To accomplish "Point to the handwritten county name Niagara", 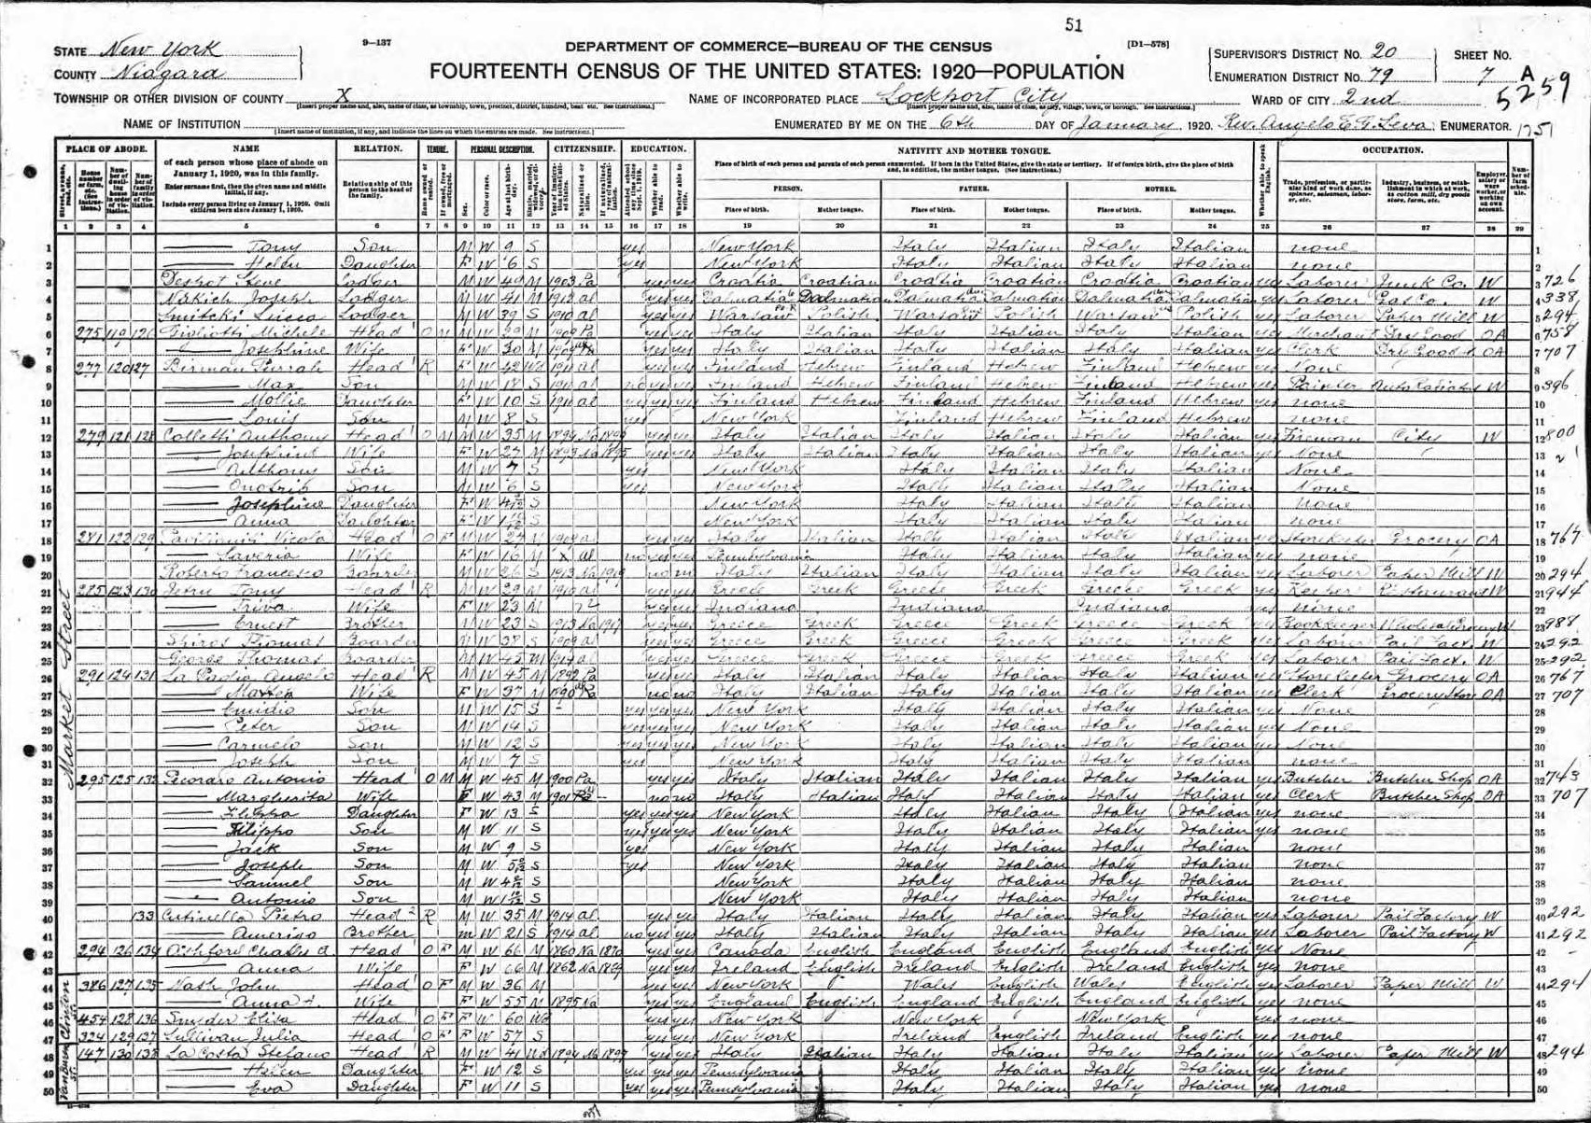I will (x=166, y=74).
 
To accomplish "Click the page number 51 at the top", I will (x=1073, y=26).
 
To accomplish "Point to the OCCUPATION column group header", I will (x=1392, y=149).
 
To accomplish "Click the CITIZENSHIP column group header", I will (x=584, y=149).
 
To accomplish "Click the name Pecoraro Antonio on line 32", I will (x=245, y=778).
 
